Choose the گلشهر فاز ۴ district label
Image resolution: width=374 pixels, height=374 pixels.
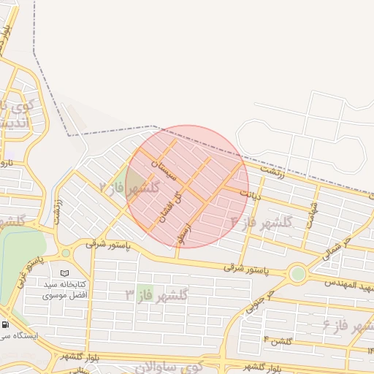tap(262, 221)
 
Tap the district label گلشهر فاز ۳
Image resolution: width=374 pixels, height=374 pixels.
tap(156, 295)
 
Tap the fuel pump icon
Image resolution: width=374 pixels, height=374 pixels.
tap(6, 324)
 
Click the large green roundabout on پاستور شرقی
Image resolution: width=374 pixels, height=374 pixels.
tap(297, 275)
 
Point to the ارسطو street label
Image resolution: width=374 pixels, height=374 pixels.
tap(183, 234)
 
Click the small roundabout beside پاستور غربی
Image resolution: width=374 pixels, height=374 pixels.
tap(66, 253)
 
